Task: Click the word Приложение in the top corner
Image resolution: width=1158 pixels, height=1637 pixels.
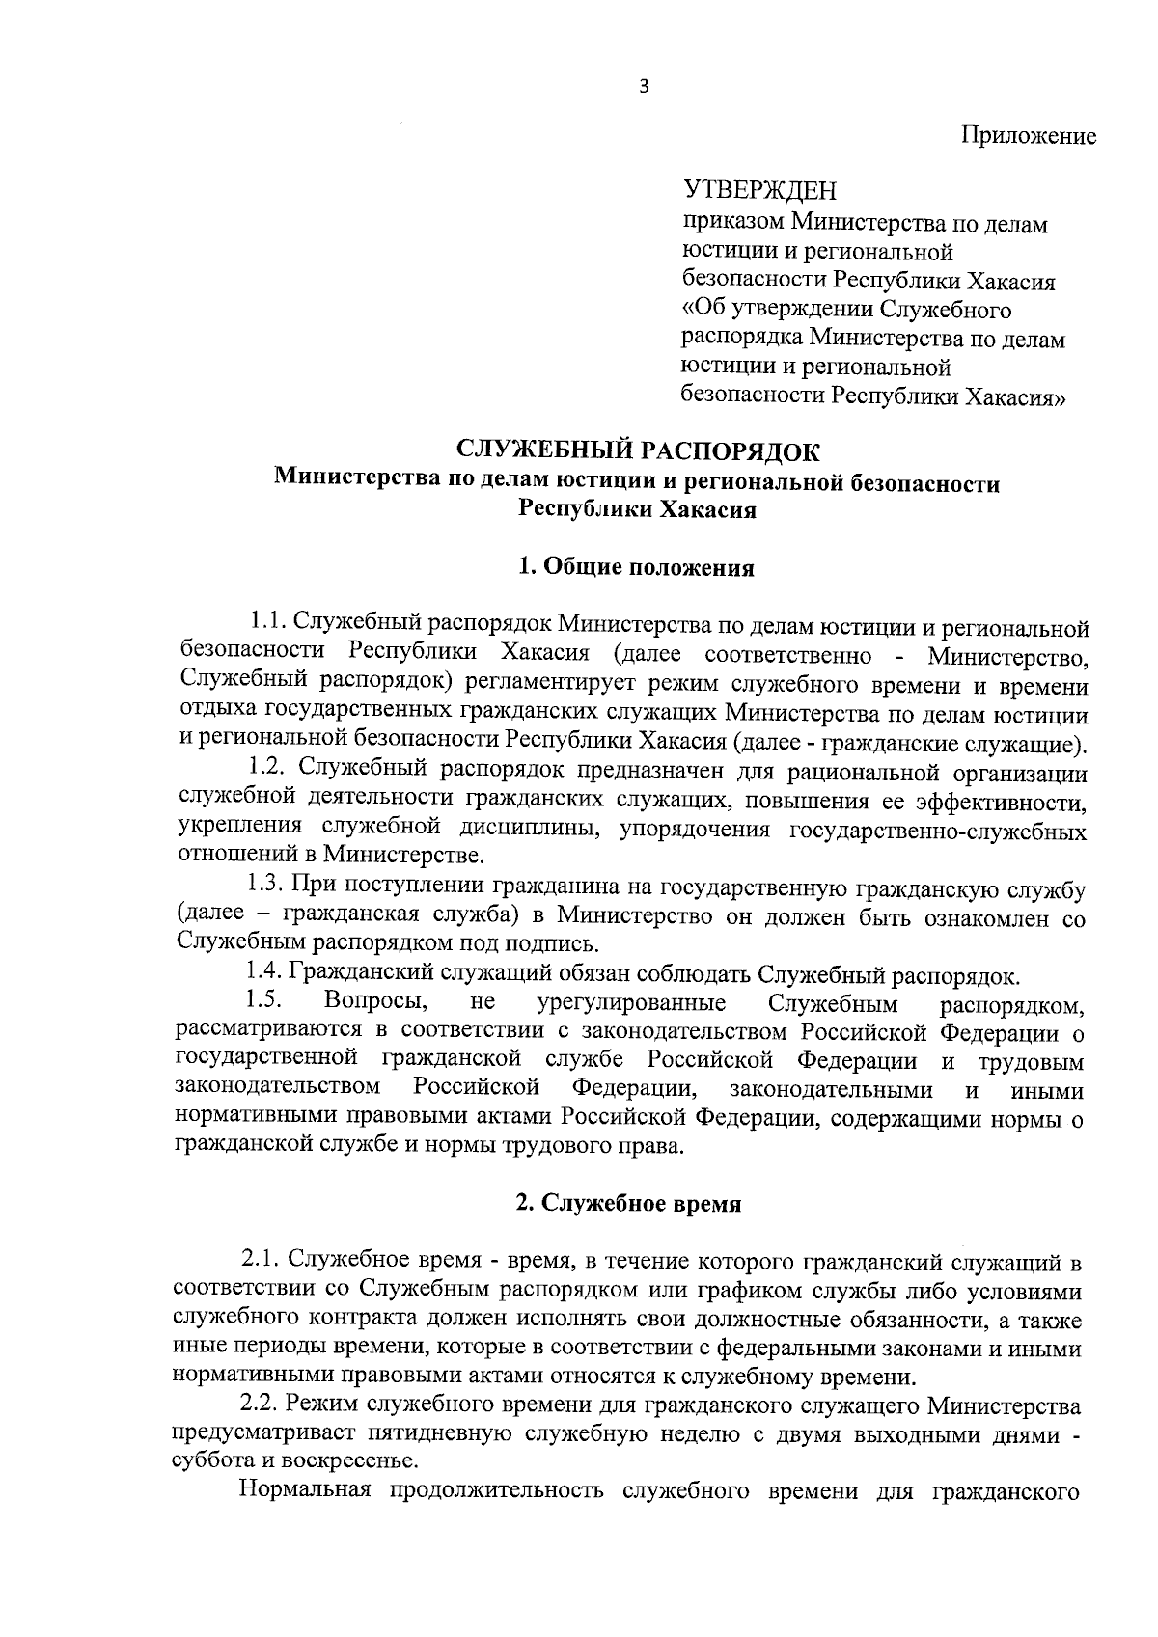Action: [1028, 136]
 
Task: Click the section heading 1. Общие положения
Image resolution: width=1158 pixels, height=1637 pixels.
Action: [636, 567]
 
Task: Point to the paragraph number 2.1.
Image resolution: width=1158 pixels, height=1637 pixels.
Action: [260, 1260]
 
